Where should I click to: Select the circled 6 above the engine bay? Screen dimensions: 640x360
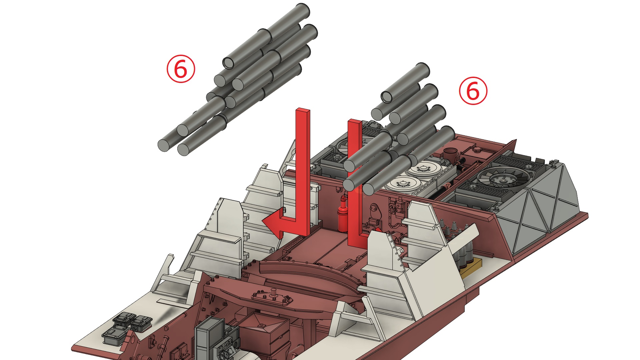[473, 91]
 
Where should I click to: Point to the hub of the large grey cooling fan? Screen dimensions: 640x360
[502, 180]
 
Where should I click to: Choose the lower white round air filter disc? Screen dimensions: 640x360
[403, 184]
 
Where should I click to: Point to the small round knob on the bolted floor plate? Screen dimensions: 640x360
[274, 293]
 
